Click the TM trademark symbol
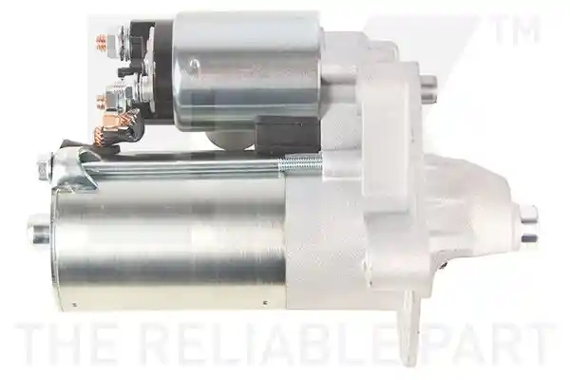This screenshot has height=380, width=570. point(517,29)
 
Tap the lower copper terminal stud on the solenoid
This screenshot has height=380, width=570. point(102,103)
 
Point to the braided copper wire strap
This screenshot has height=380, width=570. point(113,131)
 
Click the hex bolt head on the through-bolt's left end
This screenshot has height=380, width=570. point(44,167)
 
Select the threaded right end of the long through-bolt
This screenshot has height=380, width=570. point(300,161)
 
